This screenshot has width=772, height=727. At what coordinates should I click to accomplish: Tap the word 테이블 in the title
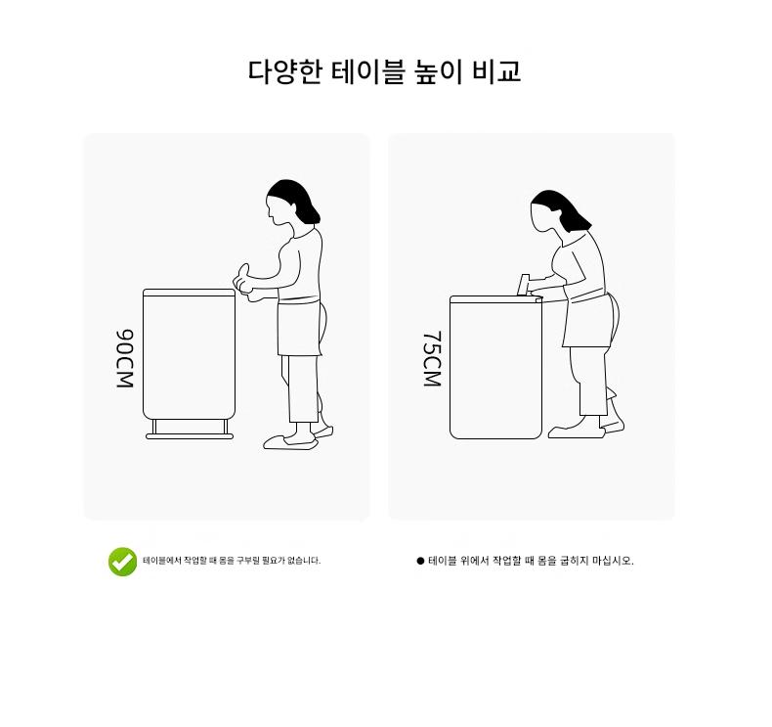click(x=367, y=72)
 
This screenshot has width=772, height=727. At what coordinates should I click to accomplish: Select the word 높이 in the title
click(x=438, y=72)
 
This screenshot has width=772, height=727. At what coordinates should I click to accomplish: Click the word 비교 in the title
click(x=496, y=72)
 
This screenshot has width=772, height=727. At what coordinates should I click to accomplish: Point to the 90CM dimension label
click(x=125, y=358)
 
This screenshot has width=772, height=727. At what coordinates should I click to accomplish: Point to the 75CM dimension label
click(x=432, y=358)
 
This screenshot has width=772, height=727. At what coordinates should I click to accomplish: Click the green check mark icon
click(x=122, y=562)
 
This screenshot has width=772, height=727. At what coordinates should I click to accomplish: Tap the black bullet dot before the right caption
click(x=420, y=561)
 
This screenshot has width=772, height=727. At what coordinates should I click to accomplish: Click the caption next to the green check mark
click(x=232, y=561)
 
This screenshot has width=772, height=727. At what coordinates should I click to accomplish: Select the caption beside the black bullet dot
click(x=531, y=561)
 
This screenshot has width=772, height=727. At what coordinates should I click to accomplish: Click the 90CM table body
click(x=189, y=354)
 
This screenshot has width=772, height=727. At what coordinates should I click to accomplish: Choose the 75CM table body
click(x=495, y=367)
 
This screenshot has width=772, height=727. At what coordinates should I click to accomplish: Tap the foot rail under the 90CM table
click(x=190, y=436)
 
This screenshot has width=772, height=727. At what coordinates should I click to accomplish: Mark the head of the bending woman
click(x=559, y=211)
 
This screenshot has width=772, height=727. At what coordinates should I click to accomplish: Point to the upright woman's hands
click(x=244, y=284)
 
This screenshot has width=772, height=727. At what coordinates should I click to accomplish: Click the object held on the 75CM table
click(x=524, y=285)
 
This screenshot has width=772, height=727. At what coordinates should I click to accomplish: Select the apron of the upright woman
click(x=299, y=327)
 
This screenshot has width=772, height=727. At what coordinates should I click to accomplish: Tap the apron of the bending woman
click(x=588, y=319)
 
